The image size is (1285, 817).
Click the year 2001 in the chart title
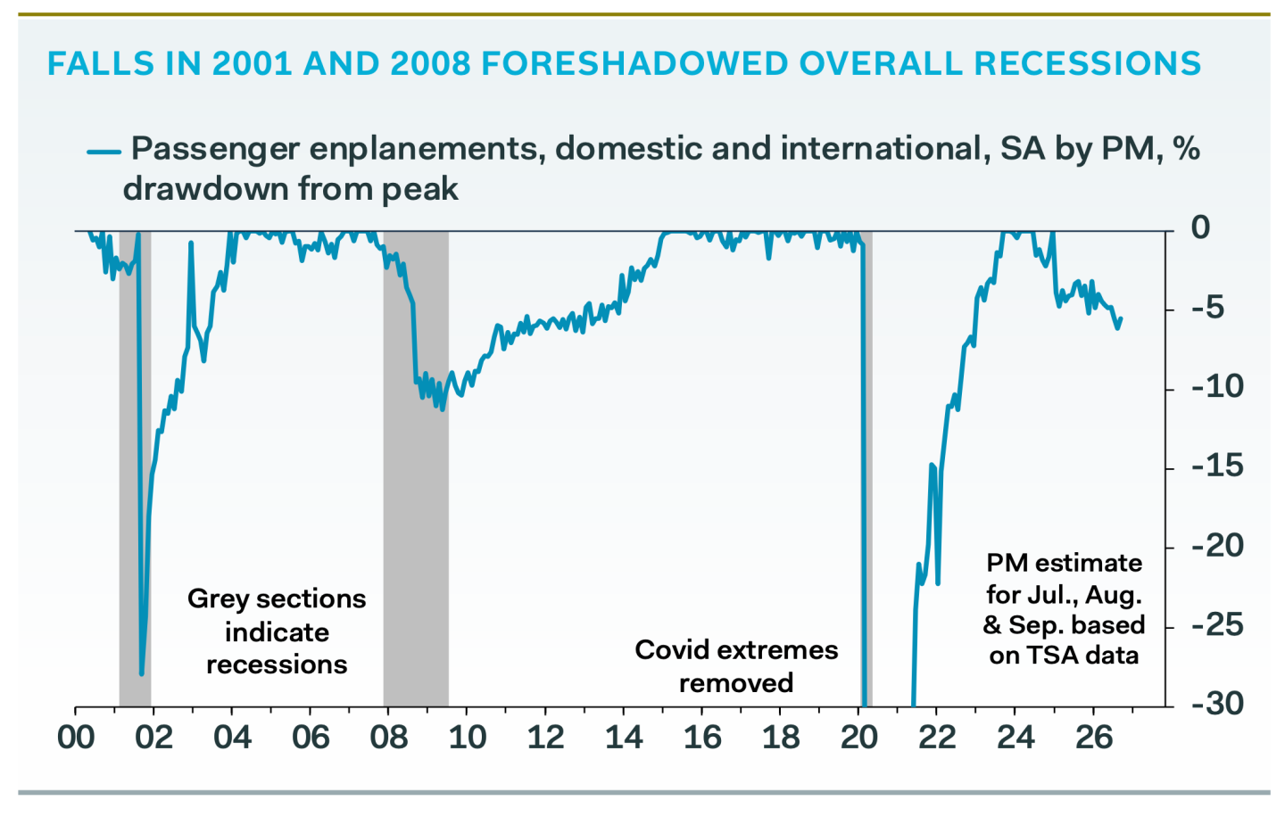pos(252,63)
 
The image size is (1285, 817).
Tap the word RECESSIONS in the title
pos(1087,63)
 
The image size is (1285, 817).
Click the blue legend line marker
pos(104,152)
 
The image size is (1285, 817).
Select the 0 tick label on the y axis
pos(1200,227)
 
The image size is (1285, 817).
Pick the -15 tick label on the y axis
pos(1217,466)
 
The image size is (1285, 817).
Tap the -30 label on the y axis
pos(1217,704)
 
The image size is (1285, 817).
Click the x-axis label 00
pos(76,737)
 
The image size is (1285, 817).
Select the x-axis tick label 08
pos(388,737)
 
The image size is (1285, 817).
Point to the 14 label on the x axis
pos(624,737)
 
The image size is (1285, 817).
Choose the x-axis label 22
pos(937,737)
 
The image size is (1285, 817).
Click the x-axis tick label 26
pos(1093,737)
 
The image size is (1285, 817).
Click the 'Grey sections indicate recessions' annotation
pos(277,631)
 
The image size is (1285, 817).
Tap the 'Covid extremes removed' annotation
pos(736,666)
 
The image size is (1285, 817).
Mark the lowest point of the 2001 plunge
pos(142,673)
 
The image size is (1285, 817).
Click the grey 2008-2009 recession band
pos(416,468)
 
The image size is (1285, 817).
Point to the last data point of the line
pos(1121,318)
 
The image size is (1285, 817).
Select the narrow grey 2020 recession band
pos(868,468)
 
